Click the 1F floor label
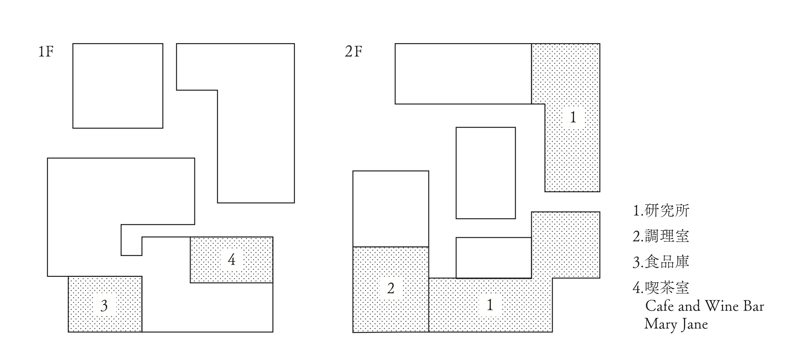46,52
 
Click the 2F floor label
353,52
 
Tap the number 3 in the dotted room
104,306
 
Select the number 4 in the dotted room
232,260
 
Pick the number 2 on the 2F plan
391,288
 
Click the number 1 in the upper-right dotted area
573,117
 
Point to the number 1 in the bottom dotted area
490,305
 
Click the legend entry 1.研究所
661,210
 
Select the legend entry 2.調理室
661,236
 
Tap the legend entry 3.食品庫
661,262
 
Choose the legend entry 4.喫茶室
661,288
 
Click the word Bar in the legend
754,306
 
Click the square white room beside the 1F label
118,86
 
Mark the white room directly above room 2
391,208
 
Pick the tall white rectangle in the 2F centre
486,173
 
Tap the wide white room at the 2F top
463,74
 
